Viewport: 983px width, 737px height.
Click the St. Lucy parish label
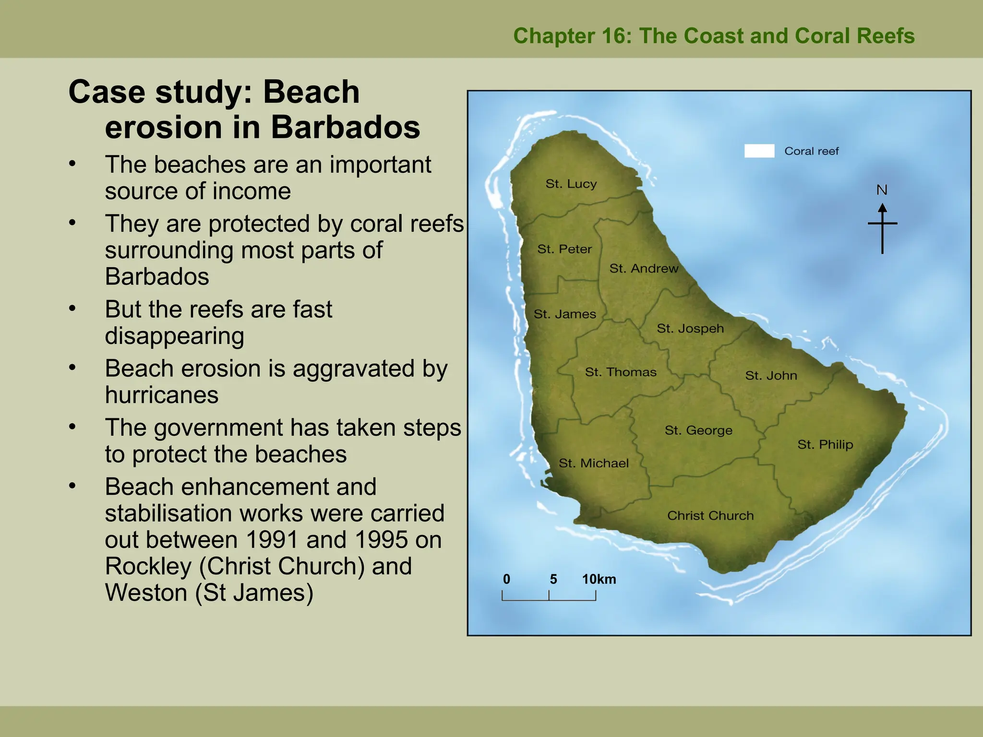pyautogui.click(x=571, y=184)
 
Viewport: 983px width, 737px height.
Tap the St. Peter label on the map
pyautogui.click(x=564, y=249)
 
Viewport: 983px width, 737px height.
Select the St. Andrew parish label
pyautogui.click(x=644, y=268)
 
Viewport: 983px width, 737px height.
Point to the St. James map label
pyautogui.click(x=565, y=314)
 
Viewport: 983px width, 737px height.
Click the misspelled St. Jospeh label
pyautogui.click(x=690, y=329)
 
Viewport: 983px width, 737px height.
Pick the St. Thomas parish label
pyautogui.click(x=621, y=372)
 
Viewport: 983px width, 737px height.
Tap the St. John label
pyautogui.click(x=771, y=376)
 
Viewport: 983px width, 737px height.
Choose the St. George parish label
pyautogui.click(x=698, y=430)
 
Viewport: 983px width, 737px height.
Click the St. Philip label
pyautogui.click(x=825, y=445)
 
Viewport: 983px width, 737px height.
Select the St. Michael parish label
pyautogui.click(x=594, y=464)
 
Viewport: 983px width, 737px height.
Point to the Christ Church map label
pyautogui.click(x=710, y=516)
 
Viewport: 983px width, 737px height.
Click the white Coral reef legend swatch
pyautogui.click(x=759, y=151)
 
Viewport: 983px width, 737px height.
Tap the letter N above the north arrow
pyautogui.click(x=882, y=190)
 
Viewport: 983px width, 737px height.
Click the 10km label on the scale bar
pyautogui.click(x=599, y=580)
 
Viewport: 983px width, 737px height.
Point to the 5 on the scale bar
pyautogui.click(x=553, y=580)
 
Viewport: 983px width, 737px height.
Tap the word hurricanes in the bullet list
pyautogui.click(x=162, y=395)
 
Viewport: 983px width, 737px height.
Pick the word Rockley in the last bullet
pyautogui.click(x=148, y=566)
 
